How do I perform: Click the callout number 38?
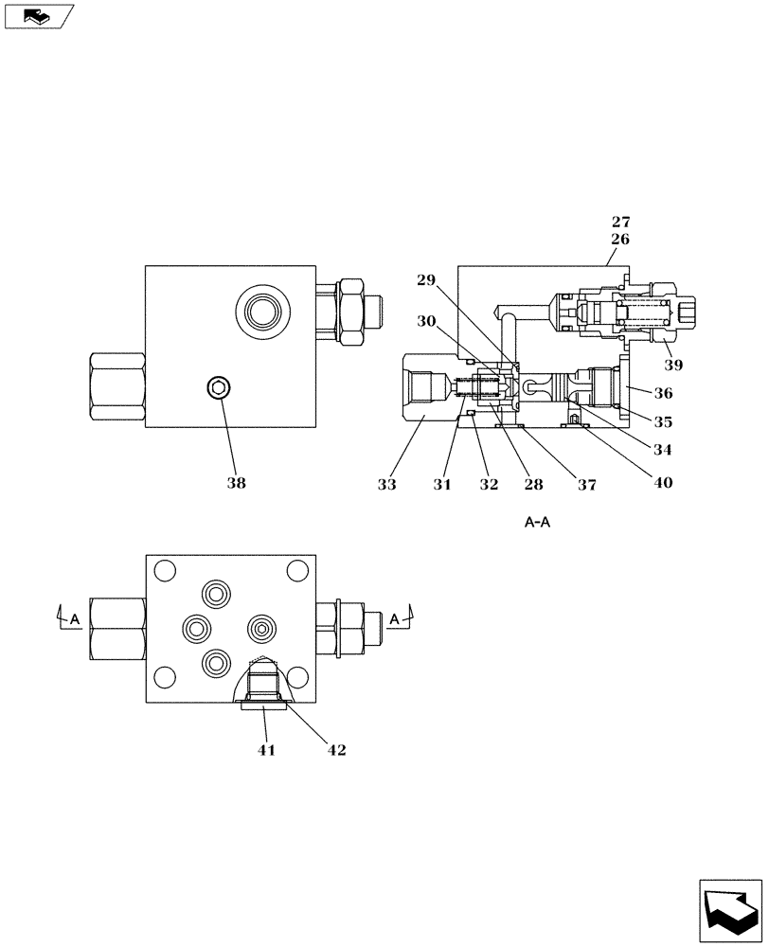coord(236,483)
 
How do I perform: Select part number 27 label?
coord(620,223)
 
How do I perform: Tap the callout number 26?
coord(620,240)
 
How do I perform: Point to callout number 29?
coord(427,280)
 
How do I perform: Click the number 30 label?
coord(426,321)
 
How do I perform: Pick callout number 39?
coord(673,365)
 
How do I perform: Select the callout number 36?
coord(663,393)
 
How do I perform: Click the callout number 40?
coord(663,483)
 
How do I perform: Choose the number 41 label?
coord(266,750)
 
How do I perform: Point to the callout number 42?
coord(335,750)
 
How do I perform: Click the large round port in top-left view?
coord(260,309)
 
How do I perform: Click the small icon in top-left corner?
coord(37,15)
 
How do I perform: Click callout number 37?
coord(587,484)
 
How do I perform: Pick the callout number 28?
coord(534,484)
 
